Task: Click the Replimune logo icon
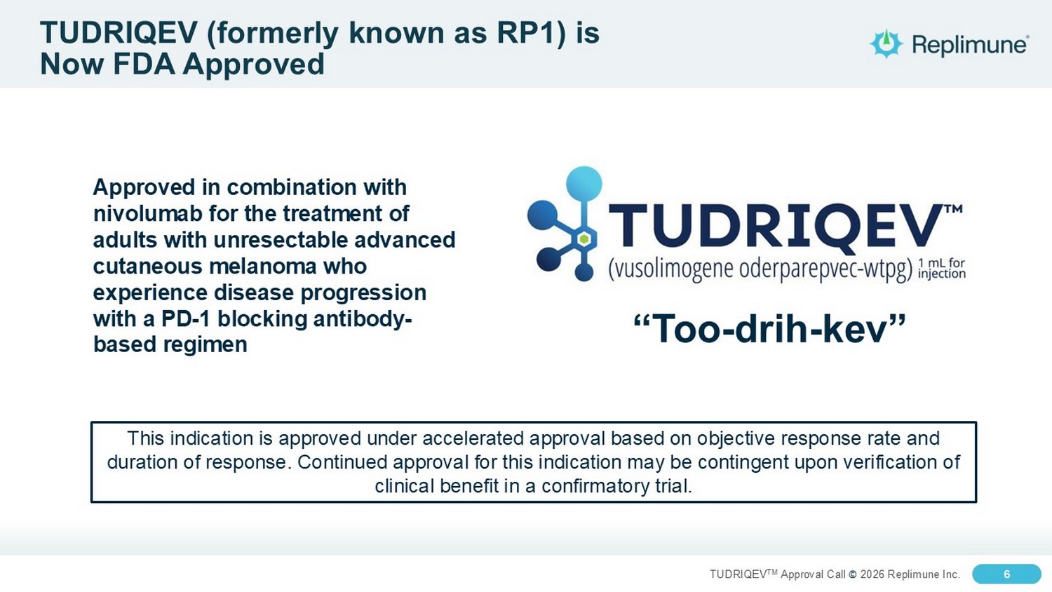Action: pyautogui.click(x=886, y=43)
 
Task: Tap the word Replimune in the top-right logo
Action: pyautogui.click(x=969, y=45)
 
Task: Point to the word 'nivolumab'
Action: pyautogui.click(x=147, y=214)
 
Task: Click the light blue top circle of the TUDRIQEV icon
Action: pyautogui.click(x=584, y=184)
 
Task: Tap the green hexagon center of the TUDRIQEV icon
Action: pyautogui.click(x=584, y=239)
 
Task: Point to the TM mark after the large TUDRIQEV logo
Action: pyautogui.click(x=953, y=209)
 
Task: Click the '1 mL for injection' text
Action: pyautogui.click(x=942, y=268)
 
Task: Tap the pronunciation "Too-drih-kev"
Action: pyautogui.click(x=769, y=328)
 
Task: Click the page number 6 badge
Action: pyautogui.click(x=1006, y=574)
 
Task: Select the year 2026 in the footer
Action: pyautogui.click(x=872, y=574)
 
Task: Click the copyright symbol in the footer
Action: pyautogui.click(x=853, y=574)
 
